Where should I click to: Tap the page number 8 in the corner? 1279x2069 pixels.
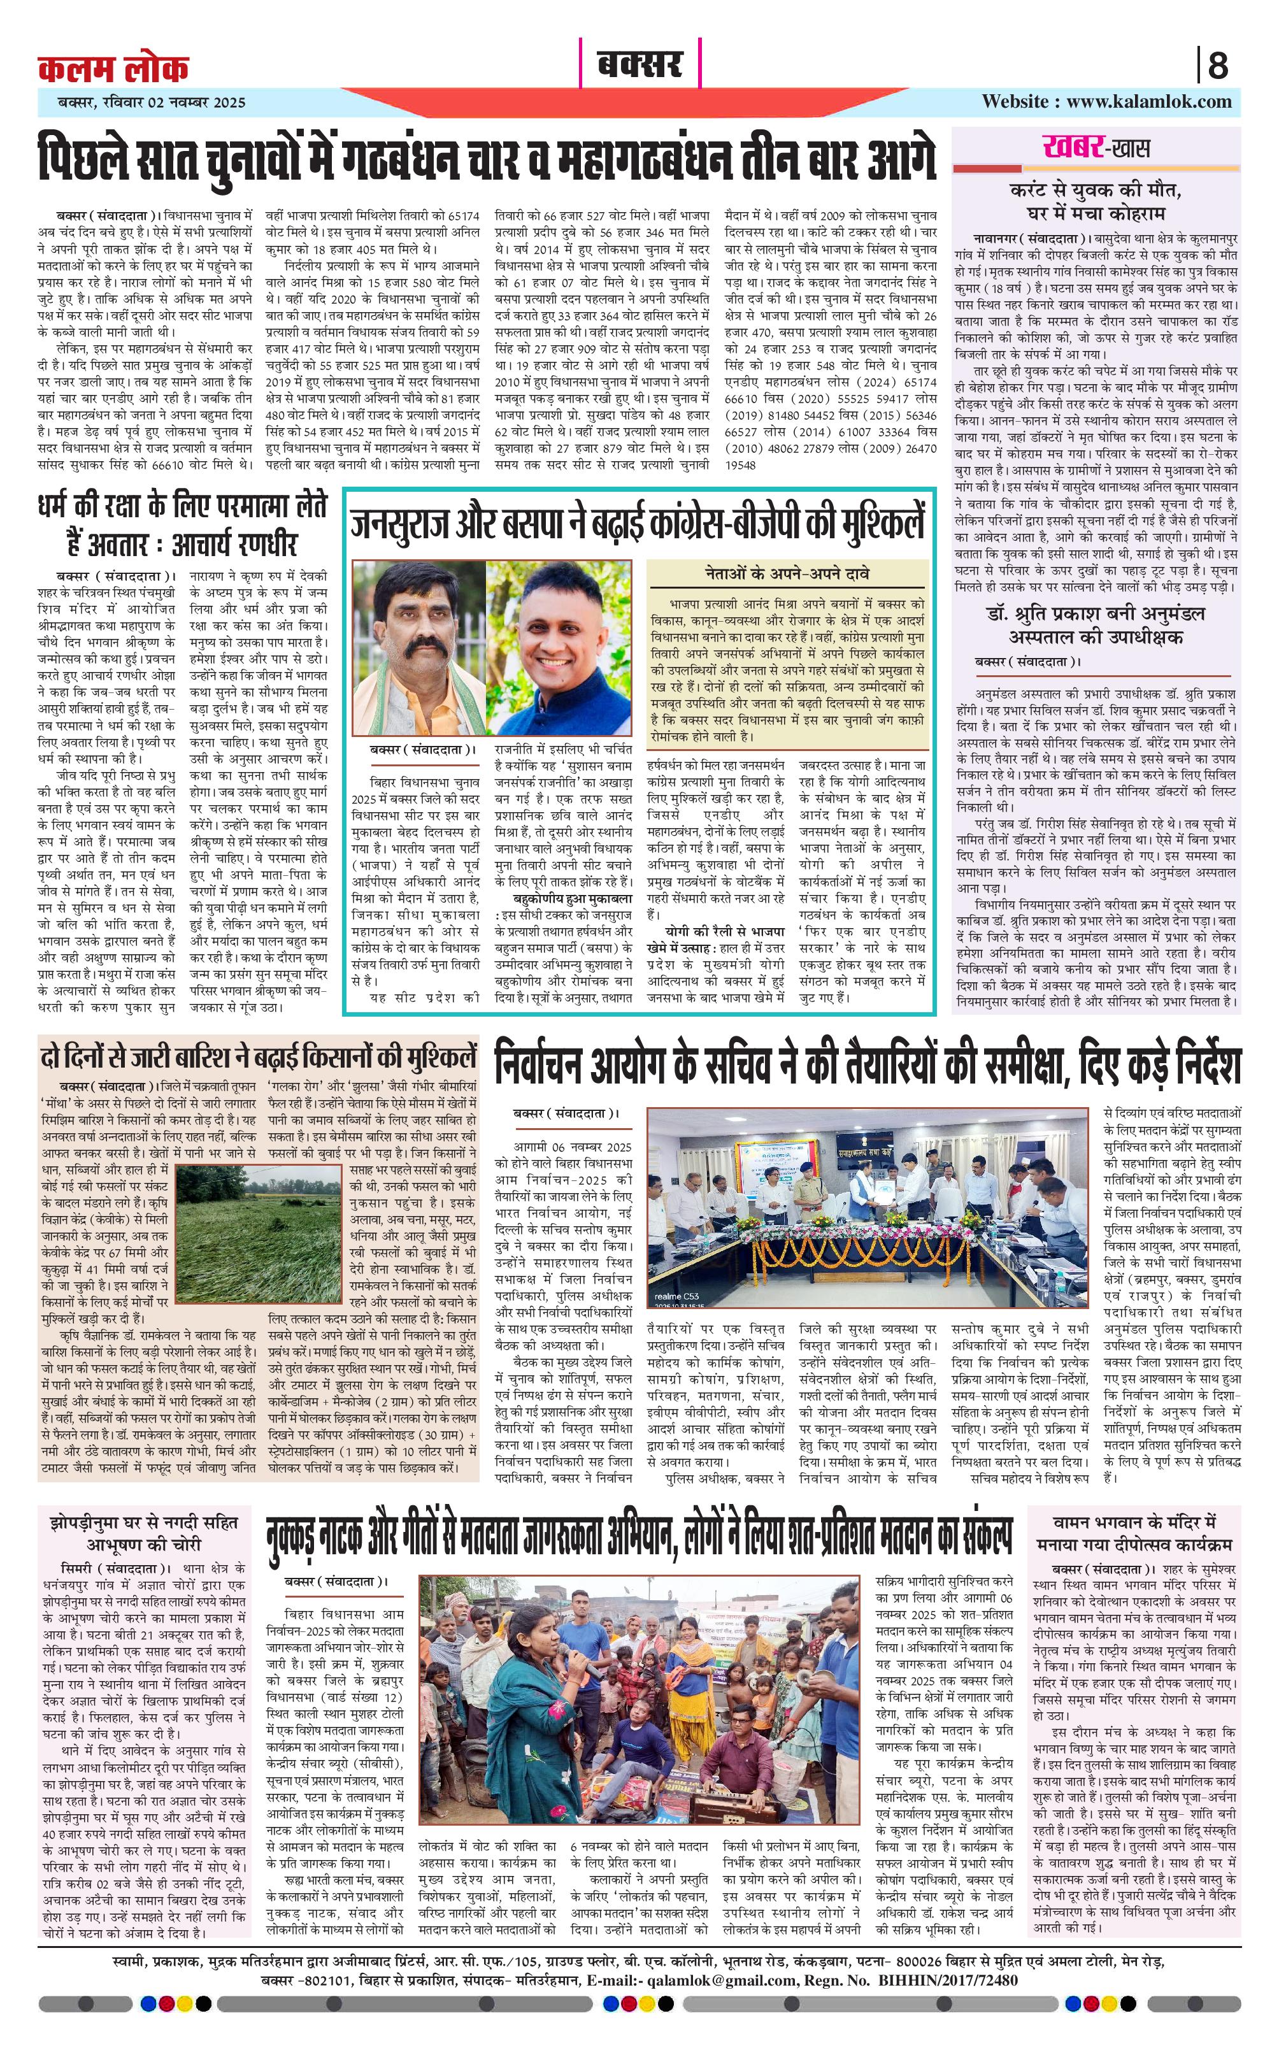point(1217,65)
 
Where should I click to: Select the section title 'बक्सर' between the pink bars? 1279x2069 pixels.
point(640,64)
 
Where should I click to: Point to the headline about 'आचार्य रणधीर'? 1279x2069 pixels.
point(183,526)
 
